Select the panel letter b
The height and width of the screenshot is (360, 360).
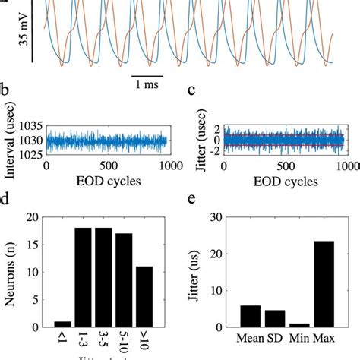5,110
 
